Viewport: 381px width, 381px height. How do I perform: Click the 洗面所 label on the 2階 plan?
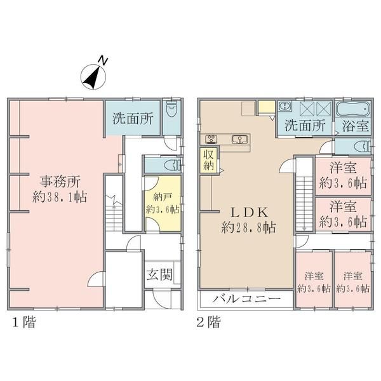[x=305, y=125]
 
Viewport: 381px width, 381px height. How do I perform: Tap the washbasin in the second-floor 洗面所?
[x=286, y=107]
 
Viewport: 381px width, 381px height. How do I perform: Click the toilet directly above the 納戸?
[x=169, y=164]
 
